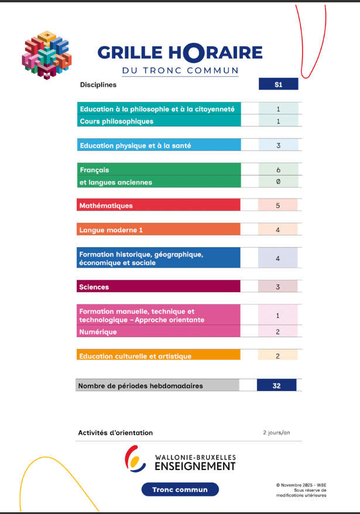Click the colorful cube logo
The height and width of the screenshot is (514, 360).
coord(46,54)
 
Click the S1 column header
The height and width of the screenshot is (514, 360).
coord(278,84)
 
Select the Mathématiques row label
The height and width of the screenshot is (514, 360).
coord(106,205)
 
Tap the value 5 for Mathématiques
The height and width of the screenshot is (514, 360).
coord(278,205)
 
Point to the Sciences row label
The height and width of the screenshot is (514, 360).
coord(94,287)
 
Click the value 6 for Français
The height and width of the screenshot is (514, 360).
coord(278,170)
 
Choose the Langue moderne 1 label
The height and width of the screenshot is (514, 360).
coord(111,230)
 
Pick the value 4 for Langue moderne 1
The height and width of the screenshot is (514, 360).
coord(278,230)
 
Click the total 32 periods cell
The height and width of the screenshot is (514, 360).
coord(277,386)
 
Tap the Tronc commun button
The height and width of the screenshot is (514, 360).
coord(180,489)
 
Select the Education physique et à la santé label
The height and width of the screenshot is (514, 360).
coord(135,145)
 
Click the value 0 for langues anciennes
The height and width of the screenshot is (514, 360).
coord(278,182)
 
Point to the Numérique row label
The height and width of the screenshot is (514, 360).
coord(98,332)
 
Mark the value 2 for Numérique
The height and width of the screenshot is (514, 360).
coord(278,332)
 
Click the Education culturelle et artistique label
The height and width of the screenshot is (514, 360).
coord(135,356)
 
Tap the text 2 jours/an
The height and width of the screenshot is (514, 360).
coord(276,433)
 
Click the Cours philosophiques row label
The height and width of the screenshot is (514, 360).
coord(116,121)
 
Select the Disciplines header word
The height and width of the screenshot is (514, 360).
coord(98,84)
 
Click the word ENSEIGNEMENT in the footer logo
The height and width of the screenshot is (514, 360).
coord(195,466)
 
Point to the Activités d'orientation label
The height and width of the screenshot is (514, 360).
coord(115,433)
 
